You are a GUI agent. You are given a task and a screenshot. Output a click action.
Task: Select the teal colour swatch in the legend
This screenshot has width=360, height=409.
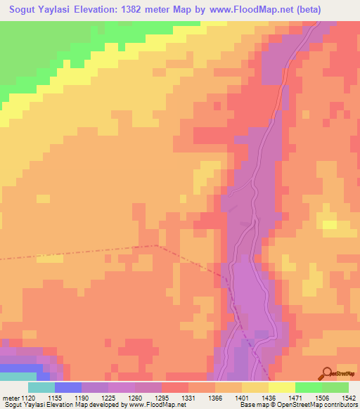click(x=41, y=387)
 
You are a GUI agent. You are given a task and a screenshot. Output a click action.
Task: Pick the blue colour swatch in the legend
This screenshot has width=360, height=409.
click(x=68, y=387)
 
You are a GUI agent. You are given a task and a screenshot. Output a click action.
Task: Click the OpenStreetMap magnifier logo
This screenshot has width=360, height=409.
click(x=326, y=374)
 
